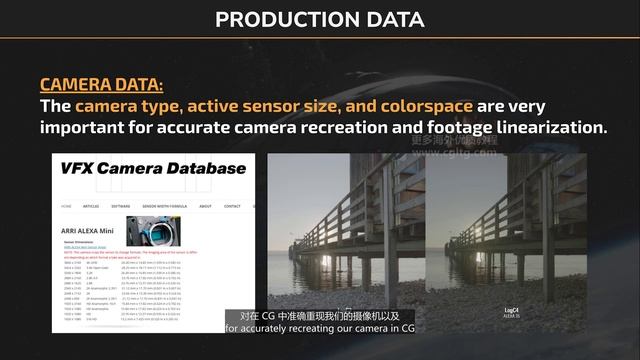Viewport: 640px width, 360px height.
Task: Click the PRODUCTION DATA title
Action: point(320,19)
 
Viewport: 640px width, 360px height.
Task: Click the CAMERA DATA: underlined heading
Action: point(101,86)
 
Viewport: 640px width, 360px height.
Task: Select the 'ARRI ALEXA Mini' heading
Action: point(92,231)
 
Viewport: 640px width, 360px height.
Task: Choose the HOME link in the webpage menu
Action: point(67,206)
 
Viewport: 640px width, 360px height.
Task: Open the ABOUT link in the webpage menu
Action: point(205,206)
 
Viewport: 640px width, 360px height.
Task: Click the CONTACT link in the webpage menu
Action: point(232,206)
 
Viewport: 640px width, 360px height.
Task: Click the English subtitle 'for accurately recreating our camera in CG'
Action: point(320,328)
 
